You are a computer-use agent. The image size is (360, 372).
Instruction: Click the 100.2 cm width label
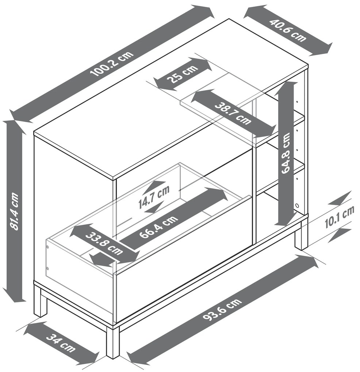tap(112, 63)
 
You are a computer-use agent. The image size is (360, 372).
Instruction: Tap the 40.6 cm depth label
tap(288, 31)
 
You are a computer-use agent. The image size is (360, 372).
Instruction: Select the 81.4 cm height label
tap(14, 212)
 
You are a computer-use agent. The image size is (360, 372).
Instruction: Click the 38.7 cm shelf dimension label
tap(233, 113)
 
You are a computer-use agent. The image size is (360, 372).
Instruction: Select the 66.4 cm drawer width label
tap(158, 227)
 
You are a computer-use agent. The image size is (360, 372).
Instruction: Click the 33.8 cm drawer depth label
tap(104, 244)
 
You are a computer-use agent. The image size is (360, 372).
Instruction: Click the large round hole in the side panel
tap(296, 205)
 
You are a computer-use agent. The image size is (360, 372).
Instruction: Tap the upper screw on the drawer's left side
tap(48, 247)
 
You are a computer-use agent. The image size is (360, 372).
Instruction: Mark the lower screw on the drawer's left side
tap(47, 269)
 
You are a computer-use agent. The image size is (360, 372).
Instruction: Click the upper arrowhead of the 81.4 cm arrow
tap(14, 126)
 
